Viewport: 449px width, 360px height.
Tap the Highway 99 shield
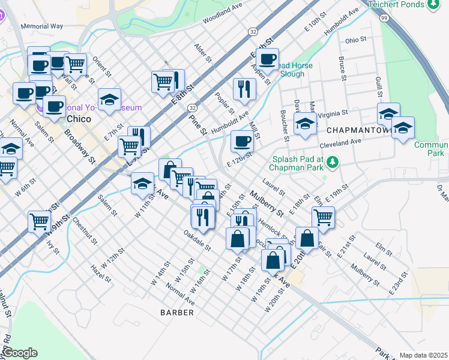click(x=384, y=19)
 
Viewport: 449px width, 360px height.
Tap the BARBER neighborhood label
click(x=177, y=313)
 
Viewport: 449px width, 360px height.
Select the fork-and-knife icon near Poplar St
click(x=244, y=88)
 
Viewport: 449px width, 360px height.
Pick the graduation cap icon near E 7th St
click(x=110, y=100)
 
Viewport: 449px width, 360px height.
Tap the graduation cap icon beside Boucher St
click(x=306, y=124)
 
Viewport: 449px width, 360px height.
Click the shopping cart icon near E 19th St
click(x=323, y=217)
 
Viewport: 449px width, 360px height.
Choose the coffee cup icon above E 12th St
click(x=242, y=141)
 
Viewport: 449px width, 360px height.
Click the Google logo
click(x=19, y=352)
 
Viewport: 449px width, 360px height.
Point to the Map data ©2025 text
click(x=423, y=355)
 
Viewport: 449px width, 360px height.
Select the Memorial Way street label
click(x=42, y=27)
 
